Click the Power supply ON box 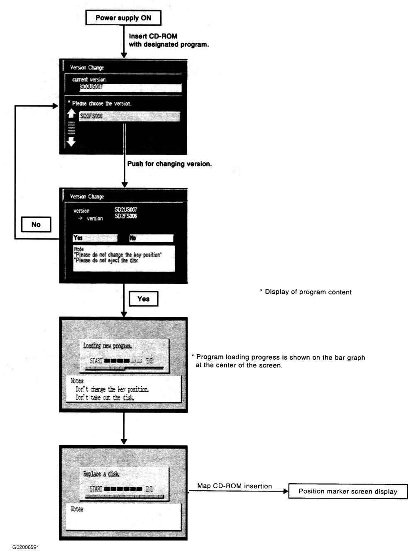click(123, 18)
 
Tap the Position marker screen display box click(347, 492)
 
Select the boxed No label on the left click(36, 224)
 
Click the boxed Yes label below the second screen click(143, 299)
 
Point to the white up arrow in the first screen click(71, 114)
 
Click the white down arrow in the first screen click(71, 141)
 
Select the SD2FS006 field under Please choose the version click(130, 117)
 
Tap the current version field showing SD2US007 click(130, 88)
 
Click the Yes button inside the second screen click(95, 238)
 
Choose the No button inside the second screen click(151, 238)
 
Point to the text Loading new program click(108, 346)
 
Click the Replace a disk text click(101, 474)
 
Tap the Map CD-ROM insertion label click(235, 486)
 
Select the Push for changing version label click(169, 164)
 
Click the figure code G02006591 click(26, 547)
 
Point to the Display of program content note click(306, 292)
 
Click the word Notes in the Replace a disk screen click(77, 509)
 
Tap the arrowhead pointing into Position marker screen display click(286, 492)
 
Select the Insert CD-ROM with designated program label click(169, 40)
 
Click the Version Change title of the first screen click(87, 68)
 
